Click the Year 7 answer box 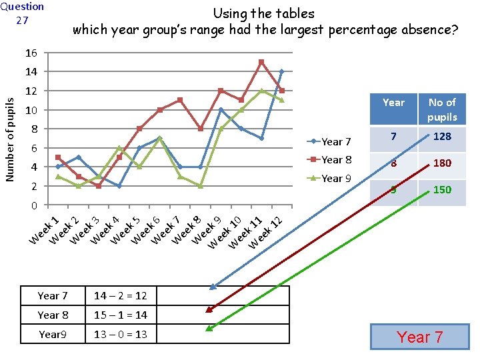[x=420, y=337]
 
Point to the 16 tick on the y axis [x=32, y=53]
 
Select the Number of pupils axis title [x=10, y=138]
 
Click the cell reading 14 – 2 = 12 [x=121, y=295]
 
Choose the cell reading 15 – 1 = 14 [x=121, y=315]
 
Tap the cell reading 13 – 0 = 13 [x=121, y=334]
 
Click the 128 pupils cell [x=442, y=137]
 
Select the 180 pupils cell [x=442, y=163]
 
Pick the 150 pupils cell [x=442, y=190]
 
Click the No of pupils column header [x=442, y=109]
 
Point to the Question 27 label [x=22, y=13]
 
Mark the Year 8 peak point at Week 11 [x=261, y=62]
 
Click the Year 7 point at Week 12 [x=282, y=71]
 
